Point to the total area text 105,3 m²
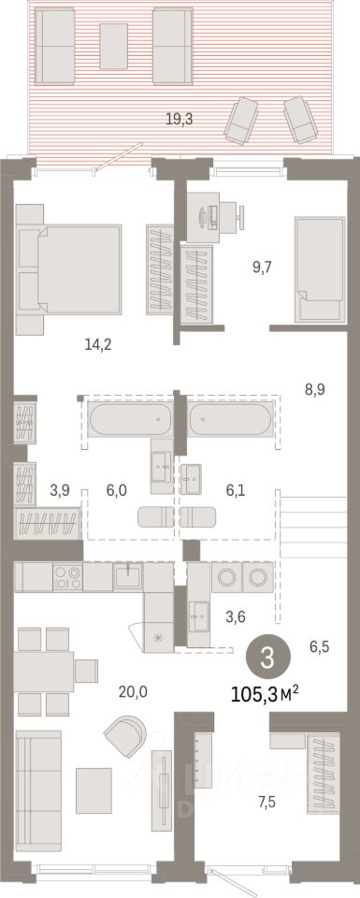click(265, 695)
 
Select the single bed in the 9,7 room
click(320, 269)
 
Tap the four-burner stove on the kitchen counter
click(67, 577)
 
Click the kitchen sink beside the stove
click(127, 575)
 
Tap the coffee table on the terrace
click(113, 47)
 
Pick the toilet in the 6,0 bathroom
click(155, 516)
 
